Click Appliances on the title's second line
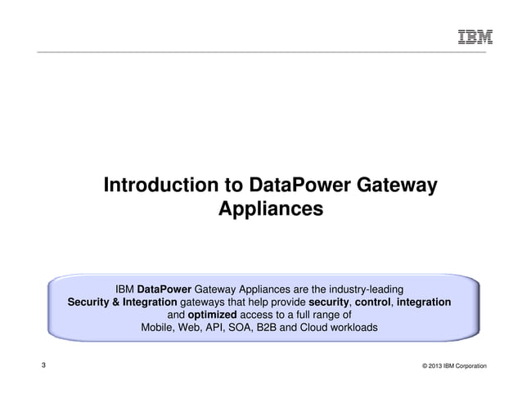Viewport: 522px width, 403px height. tap(270, 209)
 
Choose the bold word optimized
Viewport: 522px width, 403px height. tap(212, 315)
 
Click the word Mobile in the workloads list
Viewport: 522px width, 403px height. tap(159, 328)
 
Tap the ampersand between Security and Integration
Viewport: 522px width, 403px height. tap(119, 302)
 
